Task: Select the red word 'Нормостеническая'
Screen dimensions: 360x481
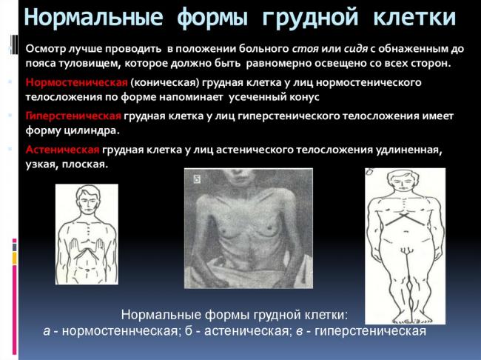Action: click(x=77, y=82)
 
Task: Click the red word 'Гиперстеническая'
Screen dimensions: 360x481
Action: click(x=74, y=116)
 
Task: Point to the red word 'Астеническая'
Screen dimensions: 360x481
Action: click(x=62, y=150)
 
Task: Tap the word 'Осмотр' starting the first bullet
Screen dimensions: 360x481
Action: click(x=47, y=48)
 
